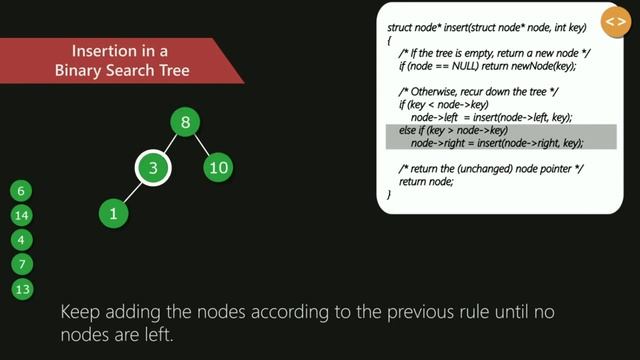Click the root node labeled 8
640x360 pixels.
185,122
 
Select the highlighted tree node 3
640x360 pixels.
152,167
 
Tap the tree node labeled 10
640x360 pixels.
218,167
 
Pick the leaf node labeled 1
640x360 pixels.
115,212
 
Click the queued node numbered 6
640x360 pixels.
24,190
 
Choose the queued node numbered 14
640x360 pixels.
24,215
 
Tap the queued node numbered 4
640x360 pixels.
24,240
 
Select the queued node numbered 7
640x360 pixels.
24,264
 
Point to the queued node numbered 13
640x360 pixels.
24,289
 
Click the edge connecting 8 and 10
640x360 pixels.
201,144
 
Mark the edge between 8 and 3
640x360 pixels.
169,144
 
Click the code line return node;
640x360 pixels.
426,181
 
